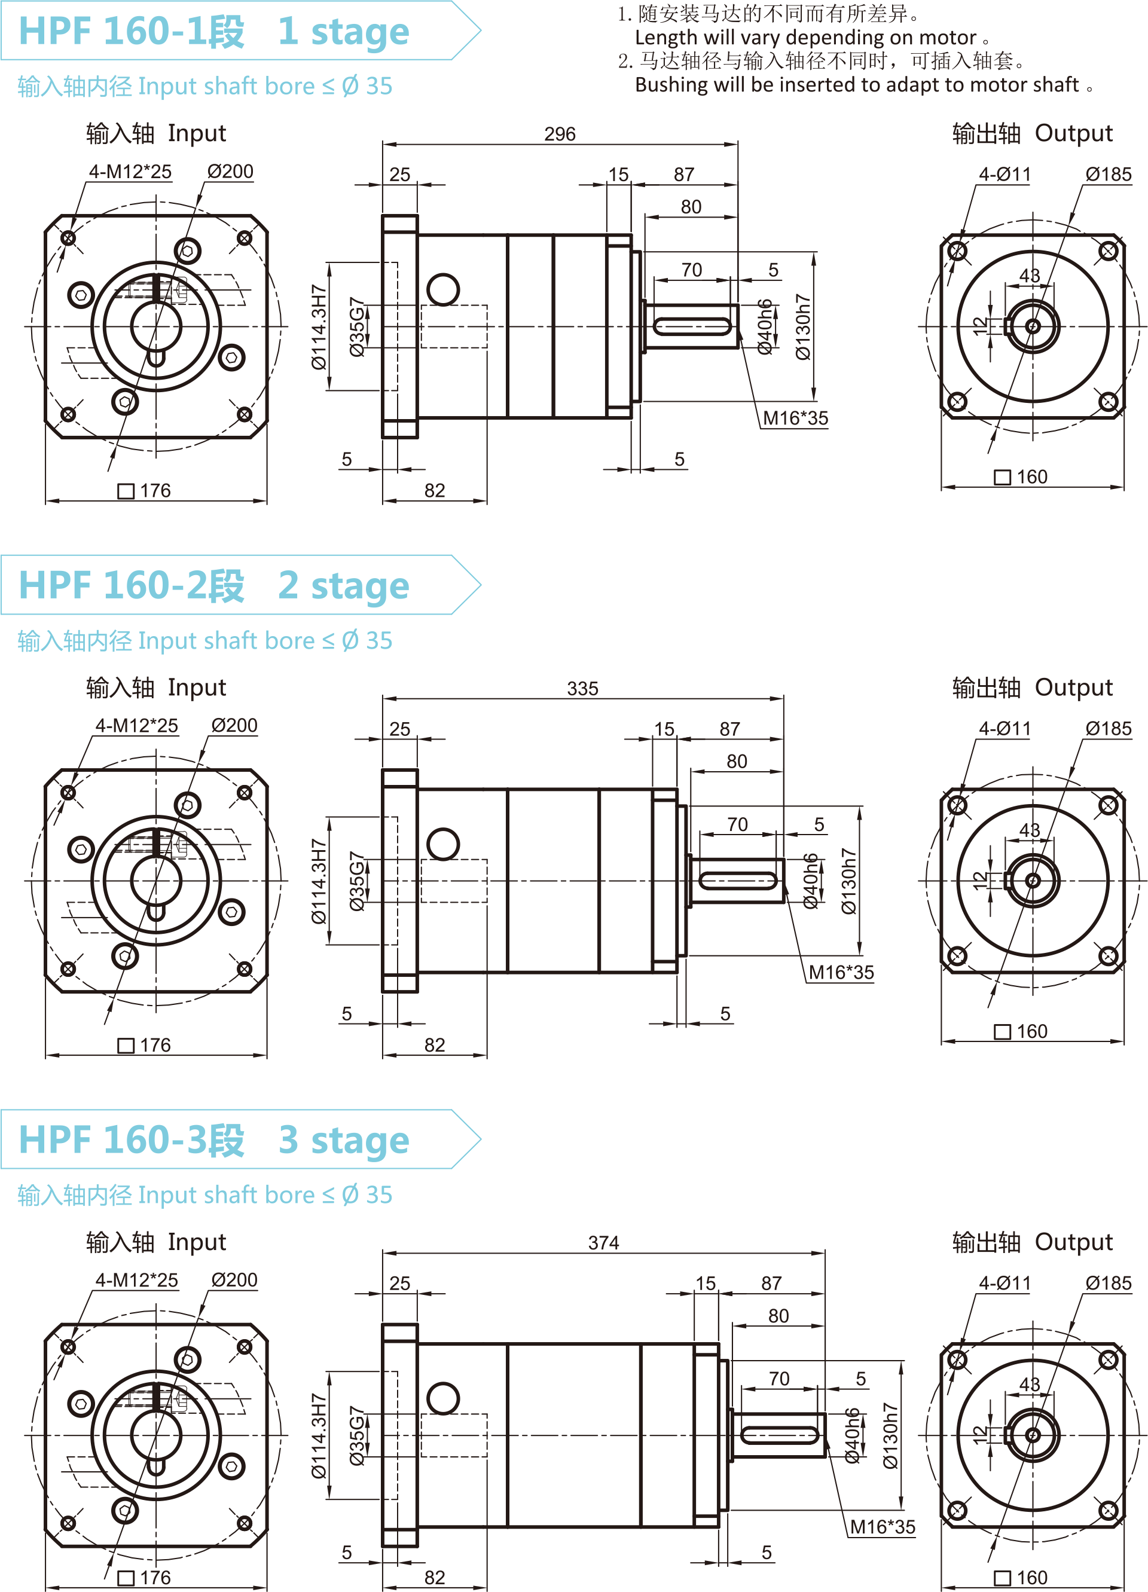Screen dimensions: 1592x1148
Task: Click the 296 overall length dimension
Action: tap(560, 134)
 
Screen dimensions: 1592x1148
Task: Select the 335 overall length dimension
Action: tap(582, 689)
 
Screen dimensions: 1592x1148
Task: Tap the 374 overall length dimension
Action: tap(603, 1243)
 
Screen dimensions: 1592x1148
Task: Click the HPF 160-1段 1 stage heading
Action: tap(214, 32)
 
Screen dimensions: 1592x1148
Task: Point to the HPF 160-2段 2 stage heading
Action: tap(214, 585)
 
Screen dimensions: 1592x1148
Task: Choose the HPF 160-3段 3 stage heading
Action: tap(214, 1140)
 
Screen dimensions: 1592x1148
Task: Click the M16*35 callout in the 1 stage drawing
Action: tap(795, 418)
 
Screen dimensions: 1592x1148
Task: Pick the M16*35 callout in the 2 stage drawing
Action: tap(841, 973)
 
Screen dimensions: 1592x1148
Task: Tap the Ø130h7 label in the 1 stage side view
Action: tap(802, 327)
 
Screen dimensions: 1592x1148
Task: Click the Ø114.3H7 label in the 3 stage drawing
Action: tap(319, 1435)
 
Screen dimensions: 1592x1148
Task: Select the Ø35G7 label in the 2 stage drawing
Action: tap(358, 881)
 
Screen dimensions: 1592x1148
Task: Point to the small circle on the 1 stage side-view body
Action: tap(443, 289)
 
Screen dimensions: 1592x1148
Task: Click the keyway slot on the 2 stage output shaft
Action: tap(738, 880)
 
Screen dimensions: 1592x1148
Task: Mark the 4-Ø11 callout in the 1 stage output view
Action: tap(1004, 175)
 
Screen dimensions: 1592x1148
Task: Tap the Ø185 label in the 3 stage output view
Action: tap(1108, 1283)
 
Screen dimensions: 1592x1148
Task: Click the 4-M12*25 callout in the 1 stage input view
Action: tap(130, 172)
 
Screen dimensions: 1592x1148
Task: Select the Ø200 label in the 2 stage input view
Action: tap(234, 726)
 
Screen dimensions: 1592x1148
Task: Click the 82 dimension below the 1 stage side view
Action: tap(435, 491)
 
